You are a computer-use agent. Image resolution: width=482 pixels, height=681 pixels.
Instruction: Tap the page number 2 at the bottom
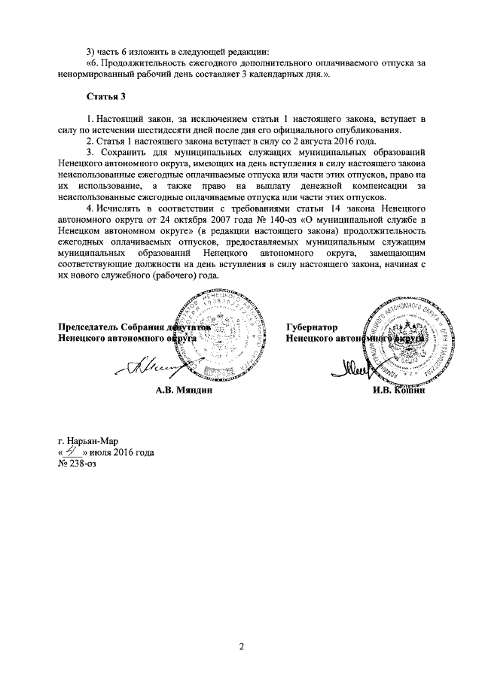coord(243,646)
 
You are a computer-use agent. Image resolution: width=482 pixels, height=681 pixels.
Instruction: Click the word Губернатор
coord(311,327)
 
